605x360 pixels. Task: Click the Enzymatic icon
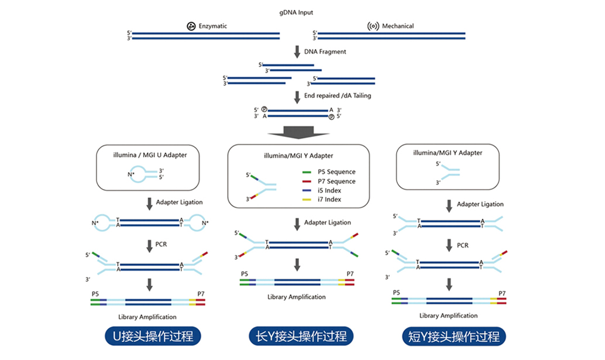coord(191,26)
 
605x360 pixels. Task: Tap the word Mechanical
coord(398,26)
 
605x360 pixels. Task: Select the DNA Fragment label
coord(325,52)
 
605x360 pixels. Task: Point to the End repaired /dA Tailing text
coord(337,95)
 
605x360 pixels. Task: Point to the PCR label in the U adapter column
coord(161,244)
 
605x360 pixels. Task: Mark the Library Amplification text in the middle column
coord(296,297)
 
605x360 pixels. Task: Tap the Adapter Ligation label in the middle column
coord(328,222)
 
